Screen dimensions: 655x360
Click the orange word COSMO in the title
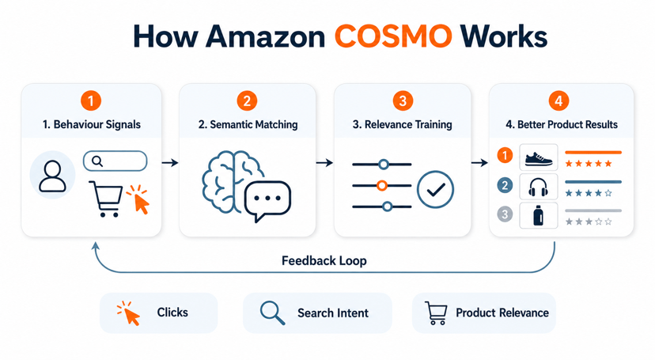coord(393,36)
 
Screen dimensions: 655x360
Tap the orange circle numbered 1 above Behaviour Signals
coord(91,100)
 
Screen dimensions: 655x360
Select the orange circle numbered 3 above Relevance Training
coord(403,100)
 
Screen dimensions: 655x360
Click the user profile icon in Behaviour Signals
coord(52,176)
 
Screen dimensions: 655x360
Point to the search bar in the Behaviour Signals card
coord(115,161)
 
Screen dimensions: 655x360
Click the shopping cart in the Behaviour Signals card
coord(106,199)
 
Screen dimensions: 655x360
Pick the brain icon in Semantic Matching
coord(231,181)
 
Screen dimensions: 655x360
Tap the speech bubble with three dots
coord(267,201)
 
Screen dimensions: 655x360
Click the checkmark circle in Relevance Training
coord(435,189)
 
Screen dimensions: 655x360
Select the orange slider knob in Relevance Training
coord(381,185)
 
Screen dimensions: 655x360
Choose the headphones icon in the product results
coord(539,187)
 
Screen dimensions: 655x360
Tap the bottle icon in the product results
coord(539,216)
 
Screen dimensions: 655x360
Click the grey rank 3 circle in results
coord(505,214)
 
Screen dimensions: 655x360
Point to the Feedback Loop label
coord(324,260)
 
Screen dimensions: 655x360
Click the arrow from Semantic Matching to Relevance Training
coord(324,162)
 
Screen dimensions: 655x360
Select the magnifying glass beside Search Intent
coord(272,313)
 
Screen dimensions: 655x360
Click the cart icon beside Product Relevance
coord(436,313)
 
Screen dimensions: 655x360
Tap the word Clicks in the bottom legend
coord(172,312)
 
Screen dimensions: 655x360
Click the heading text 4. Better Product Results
coord(562,124)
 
